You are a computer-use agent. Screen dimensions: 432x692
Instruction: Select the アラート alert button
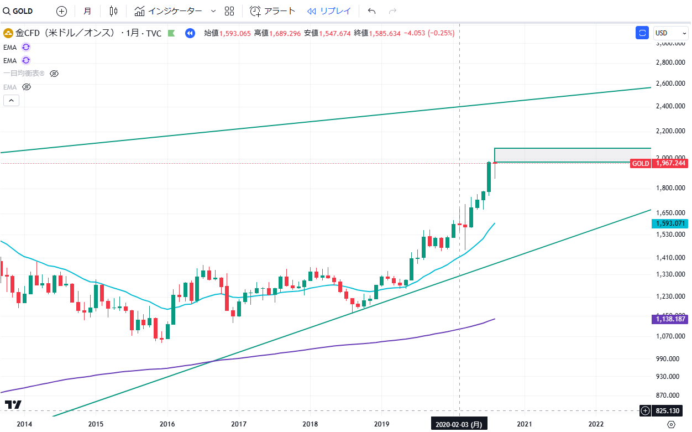coord(272,11)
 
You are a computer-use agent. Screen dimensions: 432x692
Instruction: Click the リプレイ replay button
coord(329,11)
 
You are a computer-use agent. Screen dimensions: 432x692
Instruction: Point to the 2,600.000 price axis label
coord(671,84)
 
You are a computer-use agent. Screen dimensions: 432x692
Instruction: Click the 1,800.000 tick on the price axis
coord(671,188)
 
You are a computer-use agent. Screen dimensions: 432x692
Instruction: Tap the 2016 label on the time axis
coord(167,424)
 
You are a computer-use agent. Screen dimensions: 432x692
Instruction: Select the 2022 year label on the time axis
coord(596,424)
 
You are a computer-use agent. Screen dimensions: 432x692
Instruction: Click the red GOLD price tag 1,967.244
coord(659,163)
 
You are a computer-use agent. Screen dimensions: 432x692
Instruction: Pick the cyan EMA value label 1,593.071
coord(670,223)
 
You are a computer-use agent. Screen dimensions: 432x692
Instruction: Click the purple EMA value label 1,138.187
coord(670,319)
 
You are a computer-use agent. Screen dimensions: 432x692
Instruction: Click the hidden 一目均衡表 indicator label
coord(24,74)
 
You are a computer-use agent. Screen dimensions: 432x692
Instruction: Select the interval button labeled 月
coord(87,11)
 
